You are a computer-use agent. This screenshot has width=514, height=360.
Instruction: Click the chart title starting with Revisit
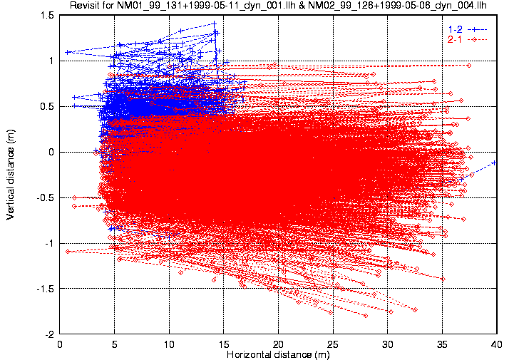coord(279,6)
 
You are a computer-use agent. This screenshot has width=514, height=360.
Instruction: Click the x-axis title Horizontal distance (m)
coord(279,354)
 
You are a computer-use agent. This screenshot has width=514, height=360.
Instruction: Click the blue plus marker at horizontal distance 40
coord(495,163)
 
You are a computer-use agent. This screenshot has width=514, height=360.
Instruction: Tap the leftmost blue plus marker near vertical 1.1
coord(67,52)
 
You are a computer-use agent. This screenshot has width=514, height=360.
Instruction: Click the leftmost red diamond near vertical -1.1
coord(68,252)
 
